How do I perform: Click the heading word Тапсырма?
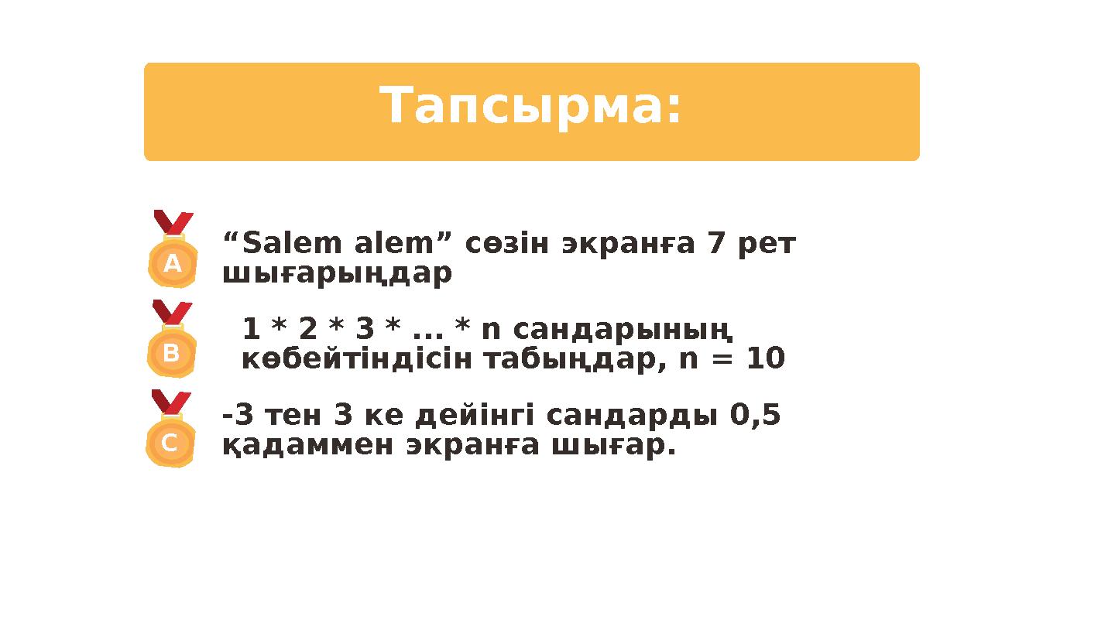pyautogui.click(x=531, y=106)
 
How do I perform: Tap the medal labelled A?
pyautogui.click(x=173, y=263)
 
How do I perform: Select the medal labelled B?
pyautogui.click(x=171, y=353)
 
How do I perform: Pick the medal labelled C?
pyautogui.click(x=170, y=443)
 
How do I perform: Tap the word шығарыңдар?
pyautogui.click(x=337, y=274)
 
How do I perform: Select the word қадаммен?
pyautogui.click(x=308, y=446)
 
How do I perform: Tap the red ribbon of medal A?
pyautogui.click(x=173, y=222)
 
